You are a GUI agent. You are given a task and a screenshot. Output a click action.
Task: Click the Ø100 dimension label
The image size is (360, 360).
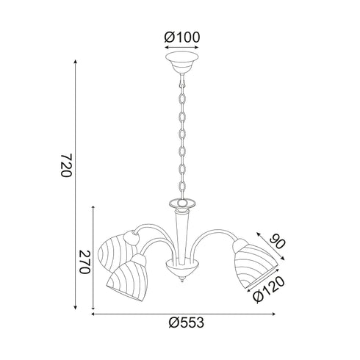coord(182,37)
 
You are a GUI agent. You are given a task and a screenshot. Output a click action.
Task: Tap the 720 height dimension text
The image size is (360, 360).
coord(65,165)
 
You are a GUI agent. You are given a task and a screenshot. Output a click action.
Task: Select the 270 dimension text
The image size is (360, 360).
coord(84,262)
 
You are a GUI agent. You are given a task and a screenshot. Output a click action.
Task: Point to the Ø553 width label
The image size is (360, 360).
coord(186,323)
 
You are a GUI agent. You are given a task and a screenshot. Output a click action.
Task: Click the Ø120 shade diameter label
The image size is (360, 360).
coord(269,289)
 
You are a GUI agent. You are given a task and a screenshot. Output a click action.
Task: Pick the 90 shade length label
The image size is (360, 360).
coord(278,241)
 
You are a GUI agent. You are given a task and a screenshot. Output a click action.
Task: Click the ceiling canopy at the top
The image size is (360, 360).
coord(181,62)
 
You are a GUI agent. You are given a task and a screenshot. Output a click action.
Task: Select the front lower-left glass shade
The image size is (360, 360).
coord(126,279)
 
